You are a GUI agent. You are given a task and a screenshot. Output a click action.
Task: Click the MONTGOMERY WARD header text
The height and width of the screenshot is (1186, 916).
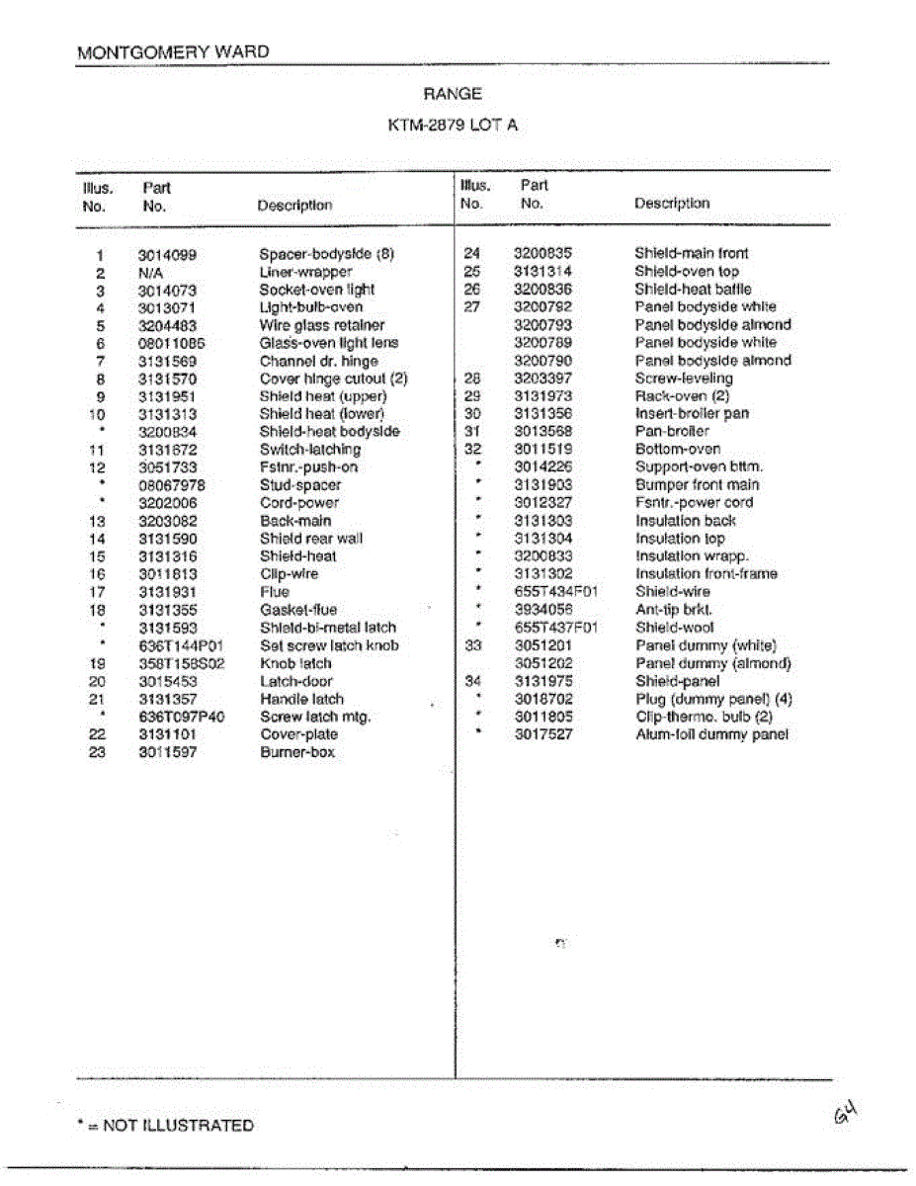(173, 52)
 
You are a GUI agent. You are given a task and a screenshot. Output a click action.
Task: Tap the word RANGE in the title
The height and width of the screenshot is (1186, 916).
(454, 94)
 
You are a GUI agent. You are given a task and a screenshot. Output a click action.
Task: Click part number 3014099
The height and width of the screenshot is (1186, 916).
(167, 254)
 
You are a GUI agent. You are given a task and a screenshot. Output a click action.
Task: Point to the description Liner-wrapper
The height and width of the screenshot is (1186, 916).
(305, 272)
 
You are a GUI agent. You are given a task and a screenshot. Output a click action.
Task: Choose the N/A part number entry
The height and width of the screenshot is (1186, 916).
(150, 272)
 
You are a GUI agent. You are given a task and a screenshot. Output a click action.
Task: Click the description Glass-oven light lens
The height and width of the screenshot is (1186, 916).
(329, 343)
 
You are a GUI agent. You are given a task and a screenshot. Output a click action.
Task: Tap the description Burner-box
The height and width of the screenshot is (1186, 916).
(297, 752)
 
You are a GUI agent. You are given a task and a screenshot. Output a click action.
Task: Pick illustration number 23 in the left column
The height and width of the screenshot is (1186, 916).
(97, 752)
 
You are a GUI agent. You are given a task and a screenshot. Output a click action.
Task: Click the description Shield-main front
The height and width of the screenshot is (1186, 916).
(692, 253)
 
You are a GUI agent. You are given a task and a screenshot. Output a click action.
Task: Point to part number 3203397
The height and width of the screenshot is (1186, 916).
(542, 379)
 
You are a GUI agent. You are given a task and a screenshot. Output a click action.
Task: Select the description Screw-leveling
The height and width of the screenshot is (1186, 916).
(684, 379)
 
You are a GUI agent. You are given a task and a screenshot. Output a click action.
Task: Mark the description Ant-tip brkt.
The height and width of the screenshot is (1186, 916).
(673, 610)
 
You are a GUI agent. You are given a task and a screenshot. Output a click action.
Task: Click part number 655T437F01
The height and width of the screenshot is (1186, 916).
(556, 628)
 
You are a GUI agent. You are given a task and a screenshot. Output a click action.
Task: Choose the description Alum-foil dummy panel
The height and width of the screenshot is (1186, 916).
(711, 734)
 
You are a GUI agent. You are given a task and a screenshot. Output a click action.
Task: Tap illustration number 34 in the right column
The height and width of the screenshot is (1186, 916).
(471, 681)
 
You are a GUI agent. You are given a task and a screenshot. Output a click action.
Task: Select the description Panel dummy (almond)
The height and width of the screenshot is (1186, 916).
(712, 663)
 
